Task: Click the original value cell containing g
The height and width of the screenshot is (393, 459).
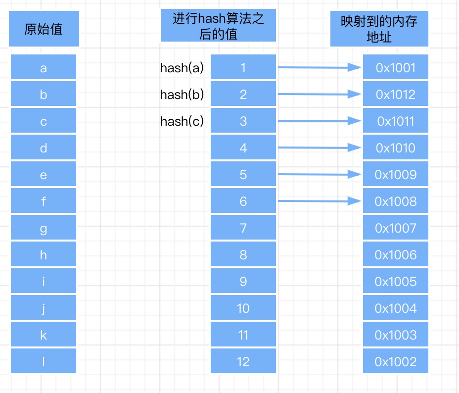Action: click(44, 228)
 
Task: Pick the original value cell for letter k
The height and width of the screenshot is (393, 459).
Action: click(44, 335)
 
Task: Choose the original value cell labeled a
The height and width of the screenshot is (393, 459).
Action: click(44, 68)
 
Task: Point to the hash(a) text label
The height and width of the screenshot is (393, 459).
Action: click(182, 68)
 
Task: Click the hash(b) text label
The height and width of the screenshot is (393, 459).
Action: click(182, 95)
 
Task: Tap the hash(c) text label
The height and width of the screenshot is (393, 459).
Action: click(182, 121)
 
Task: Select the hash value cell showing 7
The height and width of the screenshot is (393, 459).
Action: click(243, 228)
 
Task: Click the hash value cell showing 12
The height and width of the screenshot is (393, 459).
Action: click(243, 362)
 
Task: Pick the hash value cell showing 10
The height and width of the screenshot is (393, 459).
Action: click(243, 308)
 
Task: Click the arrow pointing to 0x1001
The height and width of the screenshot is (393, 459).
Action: click(319, 67)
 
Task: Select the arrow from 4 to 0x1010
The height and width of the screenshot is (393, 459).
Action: click(319, 147)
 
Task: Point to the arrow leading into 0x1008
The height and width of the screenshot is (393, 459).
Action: click(319, 201)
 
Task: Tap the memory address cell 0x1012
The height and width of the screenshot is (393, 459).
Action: click(395, 95)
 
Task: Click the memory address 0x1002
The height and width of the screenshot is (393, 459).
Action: click(395, 362)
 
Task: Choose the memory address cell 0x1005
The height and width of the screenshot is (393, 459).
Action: click(395, 282)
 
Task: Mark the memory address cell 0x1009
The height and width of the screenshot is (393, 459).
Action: click(395, 175)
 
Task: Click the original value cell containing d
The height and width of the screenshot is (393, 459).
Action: click(44, 148)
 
